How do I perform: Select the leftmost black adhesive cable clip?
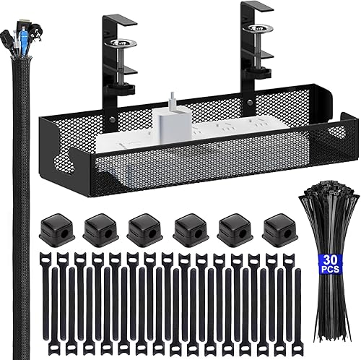[x=51, y=231]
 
